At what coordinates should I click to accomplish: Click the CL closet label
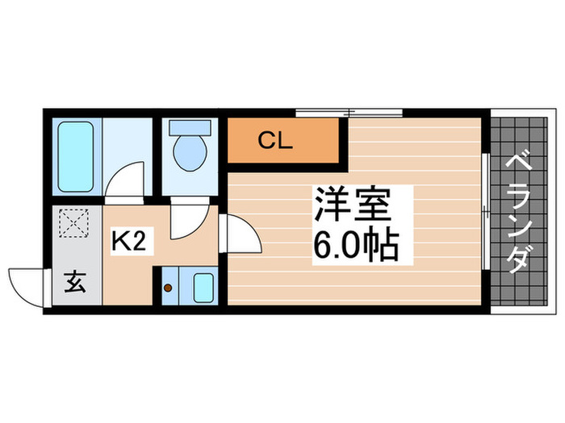click(x=275, y=140)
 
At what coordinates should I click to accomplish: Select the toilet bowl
click(x=190, y=153)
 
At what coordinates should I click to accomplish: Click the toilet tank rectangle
click(x=190, y=127)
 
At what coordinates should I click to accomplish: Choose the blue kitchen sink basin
click(x=203, y=287)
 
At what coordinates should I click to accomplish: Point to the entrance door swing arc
click(x=24, y=287)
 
